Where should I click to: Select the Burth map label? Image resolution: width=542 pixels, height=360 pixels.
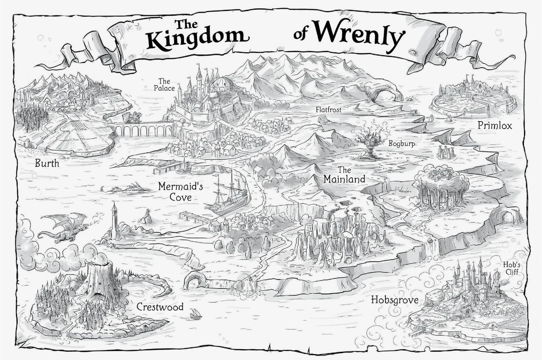tap(47, 164)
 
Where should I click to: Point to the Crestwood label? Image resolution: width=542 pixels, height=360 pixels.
tap(160, 307)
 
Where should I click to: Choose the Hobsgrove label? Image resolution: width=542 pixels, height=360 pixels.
tap(394, 299)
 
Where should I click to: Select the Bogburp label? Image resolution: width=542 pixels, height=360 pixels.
tap(402, 143)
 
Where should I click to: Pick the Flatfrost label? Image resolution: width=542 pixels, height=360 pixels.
tap(328, 109)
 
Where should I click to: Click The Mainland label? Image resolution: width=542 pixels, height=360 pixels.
tap(344, 175)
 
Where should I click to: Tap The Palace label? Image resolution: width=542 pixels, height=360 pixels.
tap(164, 84)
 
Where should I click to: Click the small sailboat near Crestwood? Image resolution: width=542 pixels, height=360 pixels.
tap(195, 313)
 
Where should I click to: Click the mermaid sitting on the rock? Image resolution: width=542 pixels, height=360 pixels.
tap(146, 217)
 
